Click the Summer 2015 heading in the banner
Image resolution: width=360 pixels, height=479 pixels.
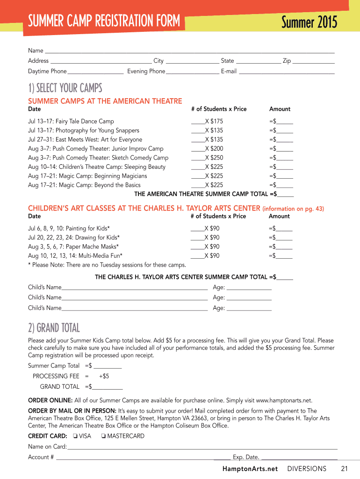(309, 22)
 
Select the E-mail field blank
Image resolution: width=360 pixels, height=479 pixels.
(287, 72)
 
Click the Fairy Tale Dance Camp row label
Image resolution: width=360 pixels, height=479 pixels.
(71, 122)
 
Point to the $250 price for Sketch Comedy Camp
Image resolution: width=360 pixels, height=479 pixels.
(217, 158)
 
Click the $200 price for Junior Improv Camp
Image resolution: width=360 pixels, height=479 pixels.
(217, 149)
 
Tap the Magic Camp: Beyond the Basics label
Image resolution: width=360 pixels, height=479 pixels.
(84, 185)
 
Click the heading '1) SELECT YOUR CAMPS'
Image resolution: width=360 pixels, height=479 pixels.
(65, 88)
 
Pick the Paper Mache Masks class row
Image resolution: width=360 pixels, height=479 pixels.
(73, 247)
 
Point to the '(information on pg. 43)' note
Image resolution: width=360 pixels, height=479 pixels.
(293, 209)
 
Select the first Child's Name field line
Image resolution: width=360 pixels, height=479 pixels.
(135, 288)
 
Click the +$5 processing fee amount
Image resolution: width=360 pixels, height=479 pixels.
(104, 376)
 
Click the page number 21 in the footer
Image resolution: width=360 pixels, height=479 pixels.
(345, 469)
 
